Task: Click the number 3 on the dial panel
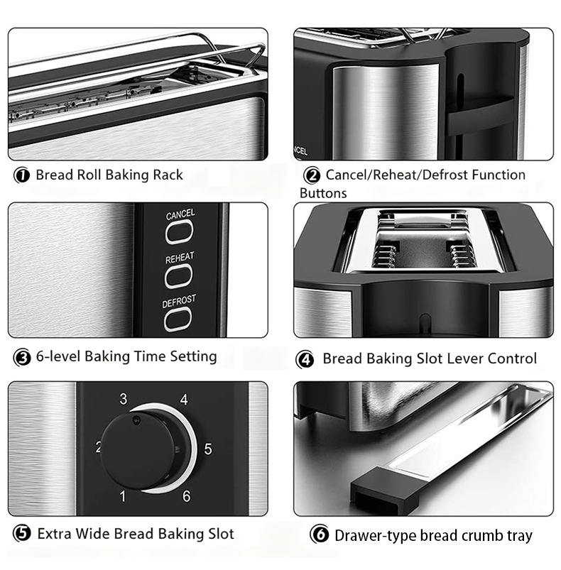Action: click(x=124, y=399)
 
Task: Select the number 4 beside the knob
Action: click(x=185, y=400)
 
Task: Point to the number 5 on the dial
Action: click(x=208, y=449)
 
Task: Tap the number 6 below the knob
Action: click(x=187, y=496)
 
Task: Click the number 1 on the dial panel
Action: click(x=123, y=496)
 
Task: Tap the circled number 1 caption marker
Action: click(x=21, y=175)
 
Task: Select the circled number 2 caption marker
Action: click(x=312, y=175)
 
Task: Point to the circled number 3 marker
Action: click(x=22, y=358)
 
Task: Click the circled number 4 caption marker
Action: click(x=305, y=359)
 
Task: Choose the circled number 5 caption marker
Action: click(x=22, y=534)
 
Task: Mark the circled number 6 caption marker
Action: click(x=320, y=535)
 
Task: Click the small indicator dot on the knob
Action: click(x=137, y=420)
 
